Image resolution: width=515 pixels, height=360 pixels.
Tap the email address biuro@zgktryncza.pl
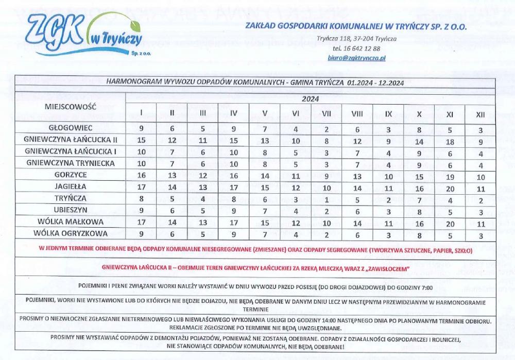pyautogui.click(x=357, y=59)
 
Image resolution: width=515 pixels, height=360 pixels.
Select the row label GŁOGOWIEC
pyautogui.click(x=71, y=128)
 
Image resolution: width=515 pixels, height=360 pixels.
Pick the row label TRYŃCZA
pyautogui.click(x=71, y=198)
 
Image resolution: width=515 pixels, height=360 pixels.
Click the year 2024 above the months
pyautogui.click(x=310, y=99)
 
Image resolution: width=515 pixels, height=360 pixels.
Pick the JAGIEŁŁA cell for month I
pyautogui.click(x=141, y=186)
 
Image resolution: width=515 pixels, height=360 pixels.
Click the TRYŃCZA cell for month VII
pyautogui.click(x=327, y=198)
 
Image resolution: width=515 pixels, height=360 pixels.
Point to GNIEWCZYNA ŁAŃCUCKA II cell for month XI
pyautogui.click(x=449, y=140)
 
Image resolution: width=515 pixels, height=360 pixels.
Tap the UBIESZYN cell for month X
pyautogui.click(x=419, y=210)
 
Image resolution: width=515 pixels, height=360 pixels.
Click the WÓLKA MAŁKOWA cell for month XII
pyautogui.click(x=480, y=222)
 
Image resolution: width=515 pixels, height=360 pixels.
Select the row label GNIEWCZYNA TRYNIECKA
pyautogui.click(x=71, y=163)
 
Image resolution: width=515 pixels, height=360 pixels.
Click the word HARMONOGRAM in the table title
pyautogui.click(x=131, y=82)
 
